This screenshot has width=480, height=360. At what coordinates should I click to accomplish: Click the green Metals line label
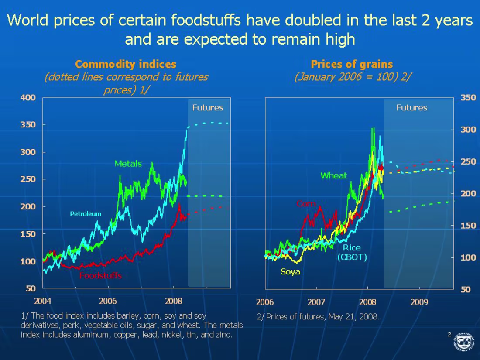tap(128, 164)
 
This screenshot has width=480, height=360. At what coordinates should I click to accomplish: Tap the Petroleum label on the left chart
tap(86, 214)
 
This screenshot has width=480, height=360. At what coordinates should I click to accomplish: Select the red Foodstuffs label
tap(100, 276)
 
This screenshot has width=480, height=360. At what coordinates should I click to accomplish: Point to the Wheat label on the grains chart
tap(334, 176)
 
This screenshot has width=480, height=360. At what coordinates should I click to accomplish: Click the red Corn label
tap(306, 204)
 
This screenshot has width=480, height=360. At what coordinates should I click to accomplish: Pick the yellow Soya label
tap(290, 272)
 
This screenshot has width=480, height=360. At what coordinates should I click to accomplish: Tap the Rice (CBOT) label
tap(352, 252)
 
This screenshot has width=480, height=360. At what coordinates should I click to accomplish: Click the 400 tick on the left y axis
tap(28, 98)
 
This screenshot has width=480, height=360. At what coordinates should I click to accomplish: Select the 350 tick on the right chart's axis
tap(468, 98)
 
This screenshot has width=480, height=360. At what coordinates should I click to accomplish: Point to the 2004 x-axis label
tap(42, 301)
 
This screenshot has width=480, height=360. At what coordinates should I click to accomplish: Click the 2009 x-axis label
tap(419, 302)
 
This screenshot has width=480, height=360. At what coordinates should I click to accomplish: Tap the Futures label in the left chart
tap(208, 108)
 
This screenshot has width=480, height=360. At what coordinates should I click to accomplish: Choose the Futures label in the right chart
tap(411, 108)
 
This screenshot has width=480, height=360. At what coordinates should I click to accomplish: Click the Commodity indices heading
tap(126, 65)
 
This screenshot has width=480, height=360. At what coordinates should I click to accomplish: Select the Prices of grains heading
tap(352, 65)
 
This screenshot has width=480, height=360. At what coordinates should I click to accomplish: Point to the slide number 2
tap(449, 334)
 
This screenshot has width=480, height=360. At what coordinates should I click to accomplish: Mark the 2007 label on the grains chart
tap(316, 302)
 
